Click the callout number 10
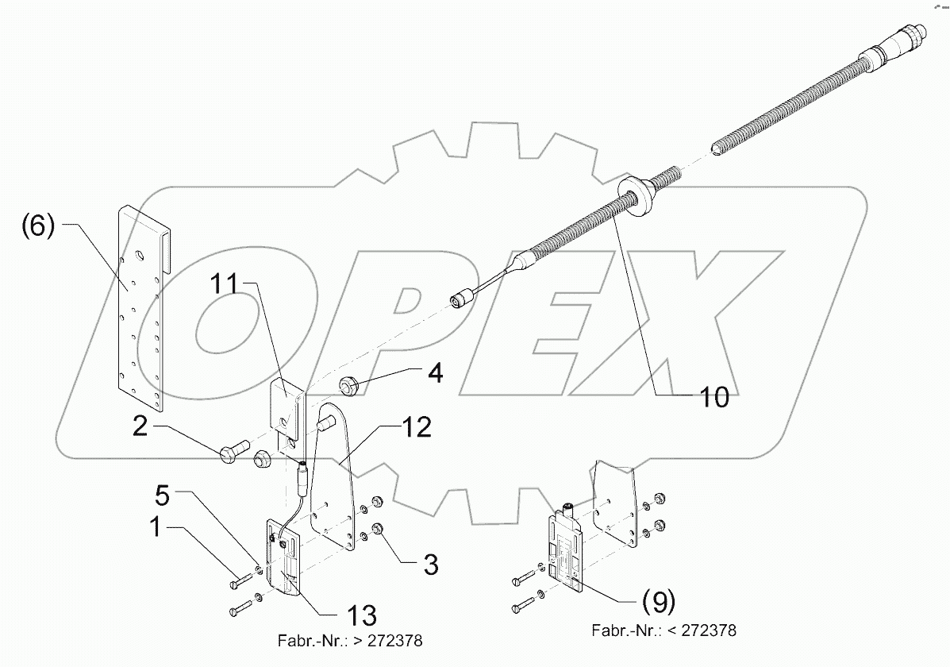[x=715, y=397]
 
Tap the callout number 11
[x=228, y=284]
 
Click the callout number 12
[x=417, y=429]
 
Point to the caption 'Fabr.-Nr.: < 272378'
[x=663, y=630]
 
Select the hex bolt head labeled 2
[x=227, y=453]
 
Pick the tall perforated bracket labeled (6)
[x=143, y=310]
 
